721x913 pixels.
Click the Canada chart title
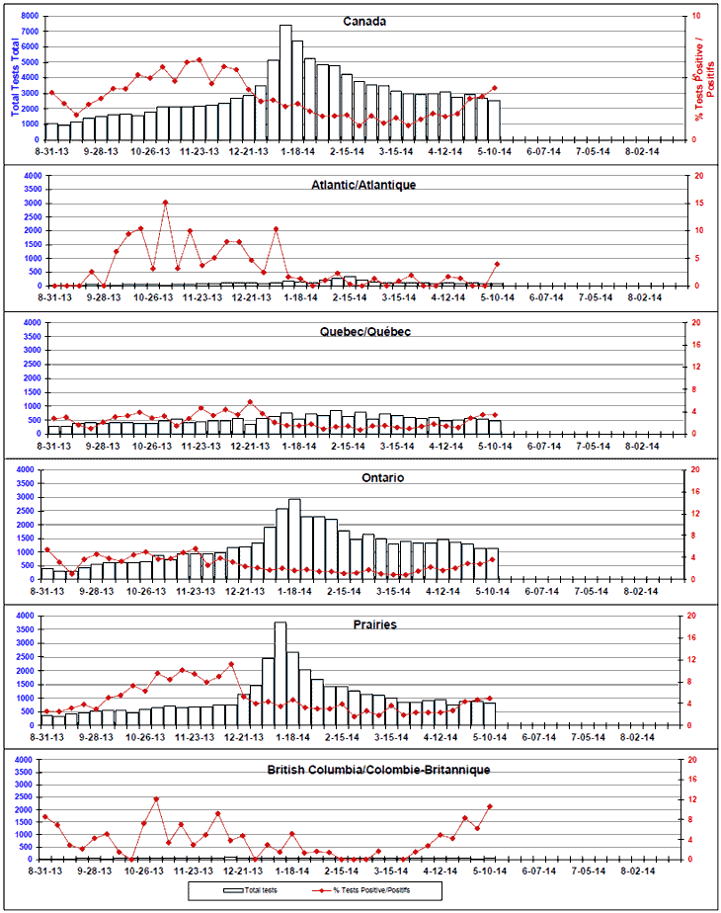(364, 22)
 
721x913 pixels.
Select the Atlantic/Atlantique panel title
(364, 185)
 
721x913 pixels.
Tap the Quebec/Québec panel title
(364, 332)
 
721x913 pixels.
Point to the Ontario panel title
(364, 477)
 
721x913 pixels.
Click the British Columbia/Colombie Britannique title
(378, 769)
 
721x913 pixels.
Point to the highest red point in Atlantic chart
(165, 204)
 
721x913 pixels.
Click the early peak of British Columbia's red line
(157, 798)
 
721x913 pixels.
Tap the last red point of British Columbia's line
(490, 806)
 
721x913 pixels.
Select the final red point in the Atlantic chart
(496, 264)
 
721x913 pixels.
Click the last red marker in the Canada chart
(494, 88)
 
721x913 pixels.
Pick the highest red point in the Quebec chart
(251, 402)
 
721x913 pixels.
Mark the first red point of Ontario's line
(46, 549)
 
